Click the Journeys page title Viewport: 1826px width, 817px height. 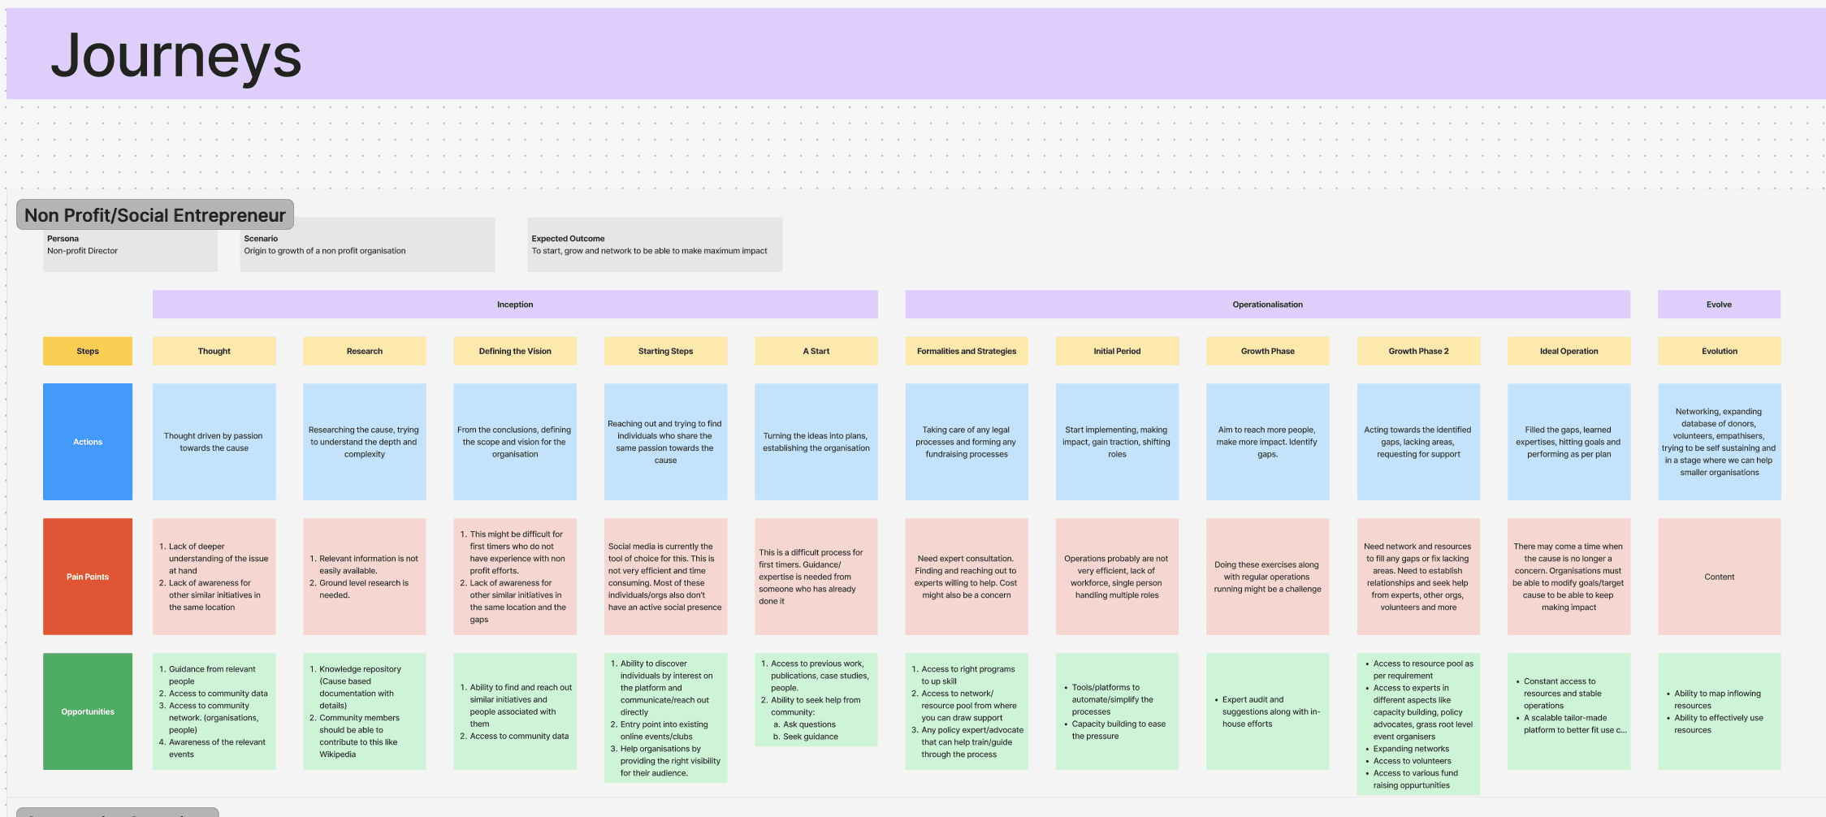coord(176,56)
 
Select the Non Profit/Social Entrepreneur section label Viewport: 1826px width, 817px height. coord(155,215)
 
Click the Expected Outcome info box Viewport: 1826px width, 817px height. coord(655,245)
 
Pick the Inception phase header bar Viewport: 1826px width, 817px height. coord(515,305)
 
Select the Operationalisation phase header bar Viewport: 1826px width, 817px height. coord(1267,305)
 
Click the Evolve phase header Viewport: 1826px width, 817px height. coord(1719,305)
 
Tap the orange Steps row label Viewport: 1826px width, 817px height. coord(88,351)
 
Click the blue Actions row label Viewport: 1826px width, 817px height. coord(88,442)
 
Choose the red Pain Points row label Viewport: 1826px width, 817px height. coord(88,577)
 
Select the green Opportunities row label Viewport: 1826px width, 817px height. coord(88,711)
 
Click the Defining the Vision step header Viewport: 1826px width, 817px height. coord(515,351)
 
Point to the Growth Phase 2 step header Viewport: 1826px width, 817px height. coord(1418,351)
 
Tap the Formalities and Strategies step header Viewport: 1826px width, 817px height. coord(967,351)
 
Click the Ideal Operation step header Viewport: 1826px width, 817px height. coord(1569,351)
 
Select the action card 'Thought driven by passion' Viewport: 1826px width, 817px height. coord(214,442)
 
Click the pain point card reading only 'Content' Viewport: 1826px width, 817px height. coord(1719,577)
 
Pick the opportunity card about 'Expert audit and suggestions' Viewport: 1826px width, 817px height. coord(1267,711)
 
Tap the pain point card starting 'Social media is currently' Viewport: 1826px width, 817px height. coord(665,577)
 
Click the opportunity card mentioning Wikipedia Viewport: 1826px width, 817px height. coord(365,711)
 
